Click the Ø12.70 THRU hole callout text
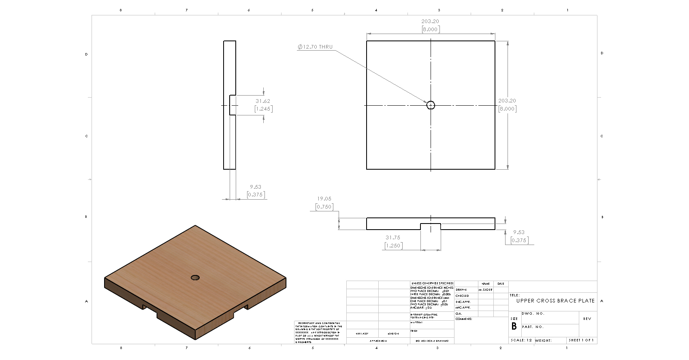tap(315, 47)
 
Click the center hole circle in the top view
tap(431, 105)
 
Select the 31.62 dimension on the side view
tap(262, 101)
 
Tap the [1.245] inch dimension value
tap(263, 109)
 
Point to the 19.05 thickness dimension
tap(324, 199)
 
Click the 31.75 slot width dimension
tap(392, 238)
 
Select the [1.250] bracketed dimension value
tap(393, 245)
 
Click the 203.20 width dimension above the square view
tap(430, 21)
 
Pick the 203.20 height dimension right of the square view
tap(507, 101)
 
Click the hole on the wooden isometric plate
tap(195, 277)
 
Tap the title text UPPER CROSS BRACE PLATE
tap(555, 301)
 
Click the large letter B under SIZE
tap(514, 326)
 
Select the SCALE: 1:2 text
tap(521, 340)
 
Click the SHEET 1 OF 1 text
tap(581, 340)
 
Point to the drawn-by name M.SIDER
tap(485, 290)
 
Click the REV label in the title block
tap(587, 319)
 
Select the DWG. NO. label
tap(533, 313)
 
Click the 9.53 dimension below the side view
tap(255, 187)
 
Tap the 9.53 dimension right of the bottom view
tap(518, 232)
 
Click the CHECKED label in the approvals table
tap(462, 296)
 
